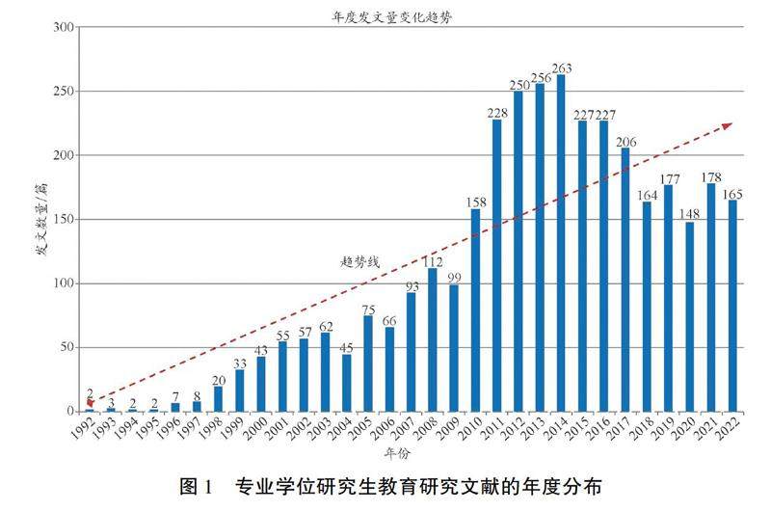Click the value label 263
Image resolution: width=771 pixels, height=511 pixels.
point(561,67)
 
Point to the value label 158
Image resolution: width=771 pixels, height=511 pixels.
point(475,202)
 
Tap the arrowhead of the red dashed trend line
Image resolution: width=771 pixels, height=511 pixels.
point(729,124)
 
